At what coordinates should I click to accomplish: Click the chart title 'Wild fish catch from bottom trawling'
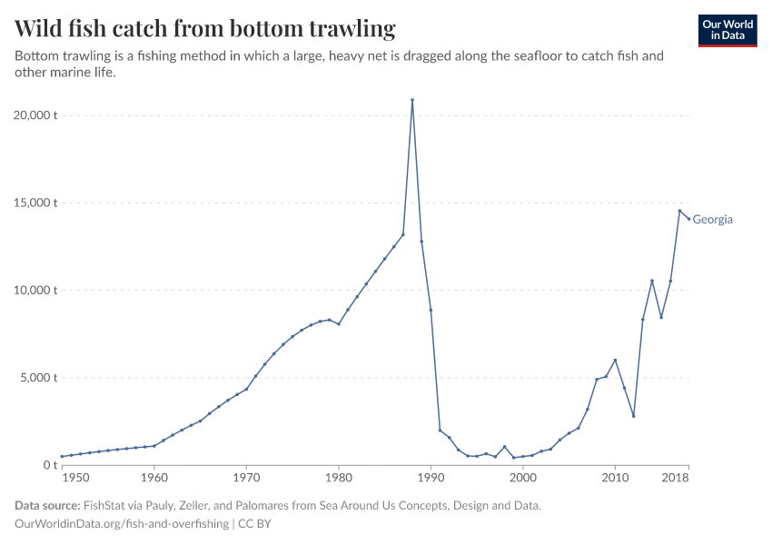(205, 29)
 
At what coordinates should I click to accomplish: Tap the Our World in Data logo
(727, 30)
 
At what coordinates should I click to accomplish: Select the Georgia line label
(712, 220)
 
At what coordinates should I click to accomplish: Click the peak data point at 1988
(412, 100)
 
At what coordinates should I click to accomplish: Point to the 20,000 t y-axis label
(37, 115)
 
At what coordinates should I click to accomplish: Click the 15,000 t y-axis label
(37, 203)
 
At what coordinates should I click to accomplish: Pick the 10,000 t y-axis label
(37, 291)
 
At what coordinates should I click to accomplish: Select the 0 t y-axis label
(51, 465)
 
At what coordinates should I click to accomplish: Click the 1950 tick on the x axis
(75, 478)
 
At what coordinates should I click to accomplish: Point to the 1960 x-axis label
(154, 478)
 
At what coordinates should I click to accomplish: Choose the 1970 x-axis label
(246, 478)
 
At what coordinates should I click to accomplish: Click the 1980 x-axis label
(339, 478)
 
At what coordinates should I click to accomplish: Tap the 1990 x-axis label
(431, 478)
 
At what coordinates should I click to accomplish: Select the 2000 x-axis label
(523, 478)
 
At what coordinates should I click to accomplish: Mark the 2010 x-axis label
(615, 478)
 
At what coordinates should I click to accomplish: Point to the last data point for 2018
(688, 218)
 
